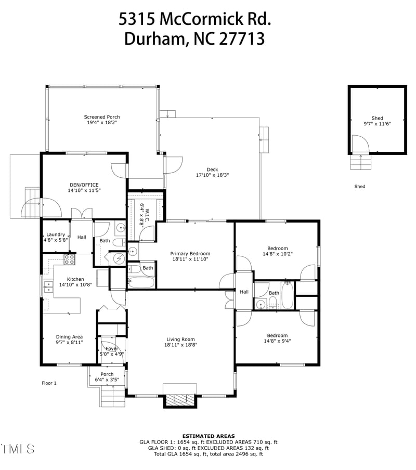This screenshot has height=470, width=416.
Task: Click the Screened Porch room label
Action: (102, 117)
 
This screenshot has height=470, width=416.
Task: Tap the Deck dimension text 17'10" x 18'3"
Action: (212, 175)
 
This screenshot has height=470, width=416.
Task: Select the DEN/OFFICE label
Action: (84, 185)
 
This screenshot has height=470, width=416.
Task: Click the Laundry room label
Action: (55, 234)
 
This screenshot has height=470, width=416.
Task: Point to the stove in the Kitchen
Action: (70, 258)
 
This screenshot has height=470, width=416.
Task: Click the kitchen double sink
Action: (48, 284)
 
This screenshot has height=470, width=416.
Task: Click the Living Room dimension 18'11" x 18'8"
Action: (180, 345)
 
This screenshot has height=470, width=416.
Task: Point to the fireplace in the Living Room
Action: (180, 399)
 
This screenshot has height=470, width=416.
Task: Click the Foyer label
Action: (111, 348)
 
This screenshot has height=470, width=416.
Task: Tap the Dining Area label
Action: (69, 337)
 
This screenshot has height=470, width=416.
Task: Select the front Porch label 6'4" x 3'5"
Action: (107, 374)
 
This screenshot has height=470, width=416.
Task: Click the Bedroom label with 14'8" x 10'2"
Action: (277, 248)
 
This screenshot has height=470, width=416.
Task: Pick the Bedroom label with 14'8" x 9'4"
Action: (277, 335)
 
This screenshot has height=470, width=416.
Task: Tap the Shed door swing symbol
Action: (359, 144)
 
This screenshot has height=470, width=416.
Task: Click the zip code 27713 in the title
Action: (241, 39)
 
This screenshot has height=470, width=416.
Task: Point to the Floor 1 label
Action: (49, 383)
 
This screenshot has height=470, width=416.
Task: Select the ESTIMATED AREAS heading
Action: (208, 436)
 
